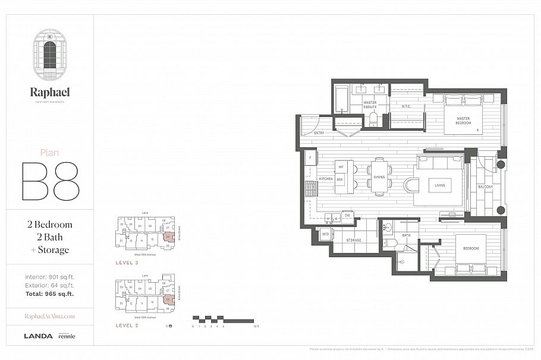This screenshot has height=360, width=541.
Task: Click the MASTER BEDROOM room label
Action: (x=463, y=121)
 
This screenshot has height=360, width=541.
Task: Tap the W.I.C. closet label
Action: (x=407, y=107)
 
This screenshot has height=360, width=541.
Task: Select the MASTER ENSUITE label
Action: (x=370, y=105)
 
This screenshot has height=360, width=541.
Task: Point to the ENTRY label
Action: (x=319, y=134)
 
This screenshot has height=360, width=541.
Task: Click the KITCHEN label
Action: (x=326, y=179)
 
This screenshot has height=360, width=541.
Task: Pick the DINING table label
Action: (x=380, y=177)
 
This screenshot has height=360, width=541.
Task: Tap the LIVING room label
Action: (x=440, y=185)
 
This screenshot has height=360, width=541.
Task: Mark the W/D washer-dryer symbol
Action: (x=325, y=234)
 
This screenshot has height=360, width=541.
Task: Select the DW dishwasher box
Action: (x=347, y=215)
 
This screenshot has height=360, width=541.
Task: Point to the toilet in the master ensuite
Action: (x=373, y=120)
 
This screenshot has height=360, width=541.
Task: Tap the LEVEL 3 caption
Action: (x=128, y=262)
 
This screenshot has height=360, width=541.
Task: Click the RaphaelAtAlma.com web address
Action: (x=50, y=317)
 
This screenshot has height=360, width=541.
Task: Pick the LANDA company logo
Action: (x=38, y=336)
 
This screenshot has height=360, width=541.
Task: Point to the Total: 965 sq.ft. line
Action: (x=50, y=294)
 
